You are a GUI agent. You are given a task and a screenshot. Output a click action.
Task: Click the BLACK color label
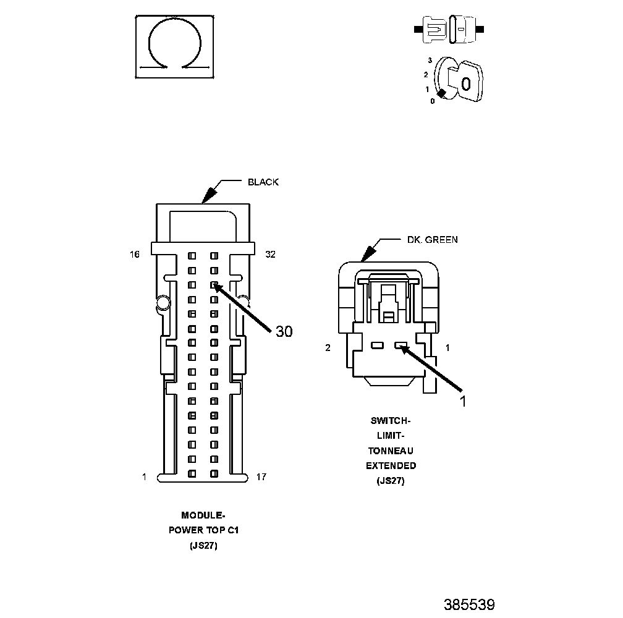(263, 182)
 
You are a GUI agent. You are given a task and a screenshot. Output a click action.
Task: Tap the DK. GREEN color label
(432, 240)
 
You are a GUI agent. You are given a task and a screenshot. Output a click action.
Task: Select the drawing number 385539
(469, 604)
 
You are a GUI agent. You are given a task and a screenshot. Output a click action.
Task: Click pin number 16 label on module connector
(135, 254)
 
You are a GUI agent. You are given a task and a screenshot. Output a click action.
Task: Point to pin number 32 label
(270, 254)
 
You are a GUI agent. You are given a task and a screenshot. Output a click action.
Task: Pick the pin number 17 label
(261, 476)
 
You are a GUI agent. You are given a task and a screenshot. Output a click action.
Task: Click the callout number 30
(284, 332)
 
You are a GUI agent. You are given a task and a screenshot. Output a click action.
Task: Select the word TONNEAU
(391, 451)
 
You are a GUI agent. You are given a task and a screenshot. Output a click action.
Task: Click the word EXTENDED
(391, 465)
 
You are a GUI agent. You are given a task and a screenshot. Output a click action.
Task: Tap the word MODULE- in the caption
(203, 515)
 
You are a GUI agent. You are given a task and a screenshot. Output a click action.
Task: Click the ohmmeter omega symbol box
(176, 47)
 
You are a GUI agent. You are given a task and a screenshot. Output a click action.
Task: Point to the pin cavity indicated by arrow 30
(213, 286)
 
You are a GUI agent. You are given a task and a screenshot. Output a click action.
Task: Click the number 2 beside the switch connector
(328, 348)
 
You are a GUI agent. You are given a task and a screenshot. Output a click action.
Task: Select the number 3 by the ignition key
(429, 60)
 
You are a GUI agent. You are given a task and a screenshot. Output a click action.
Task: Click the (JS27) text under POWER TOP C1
(203, 546)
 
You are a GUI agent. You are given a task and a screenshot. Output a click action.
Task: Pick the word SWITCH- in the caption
(391, 421)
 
